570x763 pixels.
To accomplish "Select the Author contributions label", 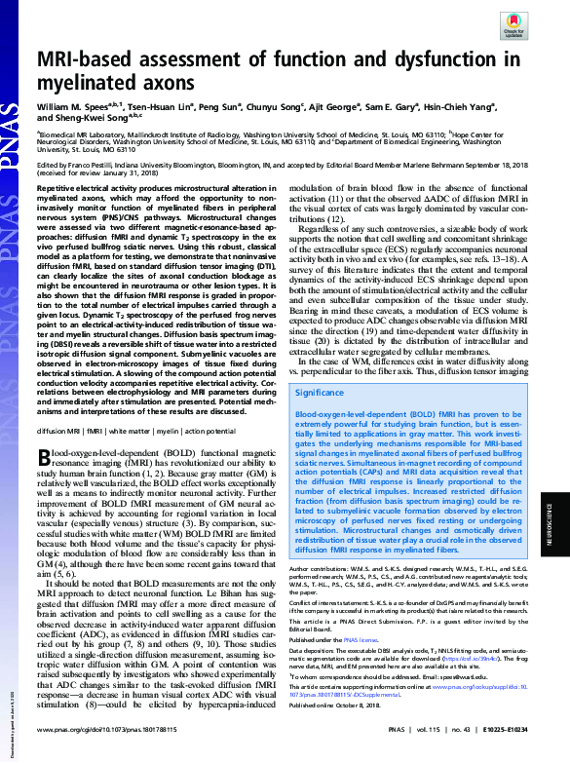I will click(x=322, y=568).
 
